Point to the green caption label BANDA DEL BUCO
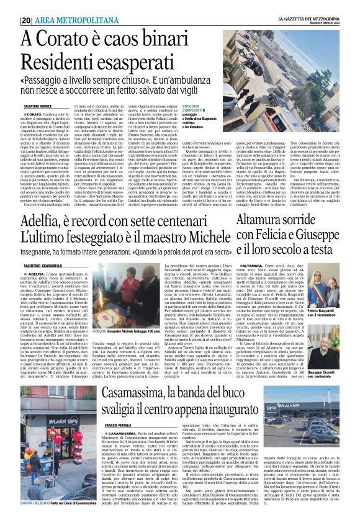[x=36, y=502]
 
